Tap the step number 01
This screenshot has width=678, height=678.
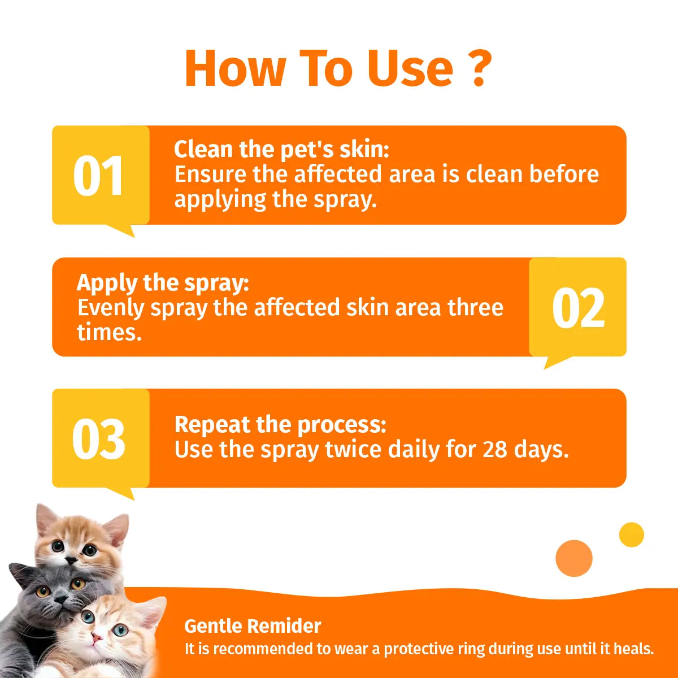click(98, 176)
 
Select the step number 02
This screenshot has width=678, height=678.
click(578, 308)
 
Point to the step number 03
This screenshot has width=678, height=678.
click(98, 440)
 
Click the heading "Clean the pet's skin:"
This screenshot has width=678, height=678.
click(281, 150)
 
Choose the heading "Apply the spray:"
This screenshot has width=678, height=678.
click(163, 282)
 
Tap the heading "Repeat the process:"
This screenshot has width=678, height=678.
click(280, 424)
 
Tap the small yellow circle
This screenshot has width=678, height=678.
click(631, 534)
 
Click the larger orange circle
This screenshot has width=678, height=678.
click(574, 558)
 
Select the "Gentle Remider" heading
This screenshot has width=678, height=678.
click(253, 626)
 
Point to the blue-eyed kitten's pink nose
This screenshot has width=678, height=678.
click(97, 638)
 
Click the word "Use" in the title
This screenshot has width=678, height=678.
click(410, 68)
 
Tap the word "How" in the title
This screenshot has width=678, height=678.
click(235, 68)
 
